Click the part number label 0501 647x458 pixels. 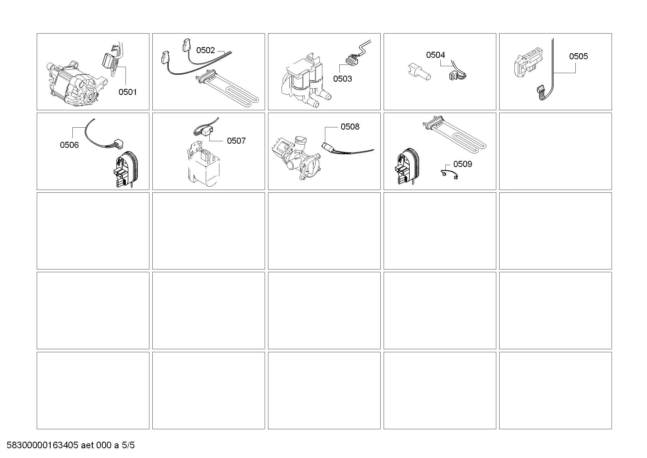pos(127,92)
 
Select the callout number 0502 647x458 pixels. pos(206,50)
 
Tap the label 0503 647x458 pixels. pos(342,79)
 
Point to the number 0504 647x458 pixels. pos(435,55)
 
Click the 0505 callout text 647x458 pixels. pos(578,56)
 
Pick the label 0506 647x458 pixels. pos(69,145)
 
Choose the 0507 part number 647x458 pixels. pos(236,141)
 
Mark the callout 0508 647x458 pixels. pos(350,127)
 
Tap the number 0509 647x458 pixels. pos(462,164)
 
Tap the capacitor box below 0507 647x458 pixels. pos(204,165)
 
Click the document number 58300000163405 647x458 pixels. pos(42,445)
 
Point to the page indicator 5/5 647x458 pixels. pos(128,445)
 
